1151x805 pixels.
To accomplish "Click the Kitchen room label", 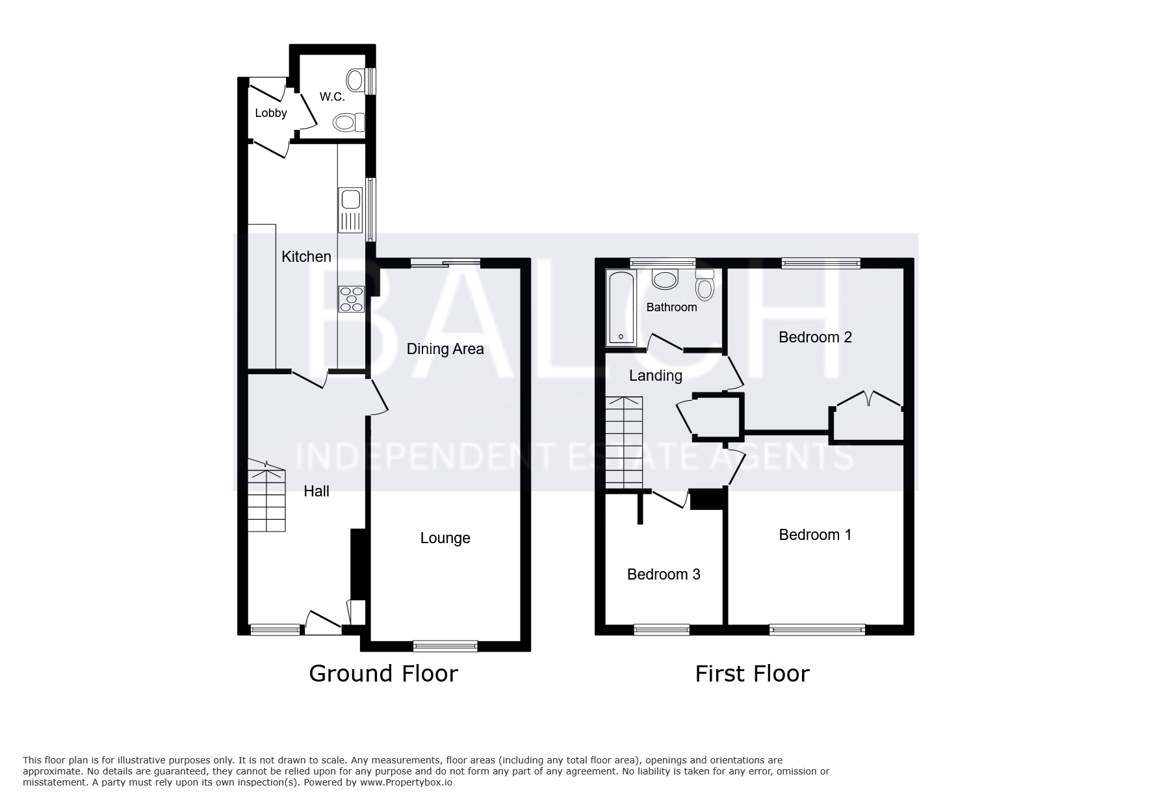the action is [306, 257].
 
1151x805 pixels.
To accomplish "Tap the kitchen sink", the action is [350, 211].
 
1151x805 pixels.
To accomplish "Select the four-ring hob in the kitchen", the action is [351, 300].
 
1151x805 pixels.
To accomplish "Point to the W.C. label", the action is [332, 97].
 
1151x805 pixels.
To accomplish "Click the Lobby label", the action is [271, 113].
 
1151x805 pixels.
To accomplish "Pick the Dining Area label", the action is [445, 349].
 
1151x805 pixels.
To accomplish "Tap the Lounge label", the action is [445, 538].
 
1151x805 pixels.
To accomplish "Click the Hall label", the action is [317, 491].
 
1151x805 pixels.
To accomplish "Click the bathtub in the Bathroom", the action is [622, 308].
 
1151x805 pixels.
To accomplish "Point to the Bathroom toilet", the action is [705, 283].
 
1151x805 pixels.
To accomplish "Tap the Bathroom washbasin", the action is [665, 279].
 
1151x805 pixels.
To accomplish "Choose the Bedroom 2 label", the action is [815, 337].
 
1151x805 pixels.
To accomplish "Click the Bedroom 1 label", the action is [815, 535].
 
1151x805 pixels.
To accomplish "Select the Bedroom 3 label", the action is [664, 574].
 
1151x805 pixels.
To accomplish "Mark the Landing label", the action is [656, 376].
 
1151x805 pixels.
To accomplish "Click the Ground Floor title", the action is [383, 674].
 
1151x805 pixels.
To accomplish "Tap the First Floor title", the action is [752, 674].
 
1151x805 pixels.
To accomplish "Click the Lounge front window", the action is [445, 646].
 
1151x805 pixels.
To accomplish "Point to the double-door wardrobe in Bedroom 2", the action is [868, 416].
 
